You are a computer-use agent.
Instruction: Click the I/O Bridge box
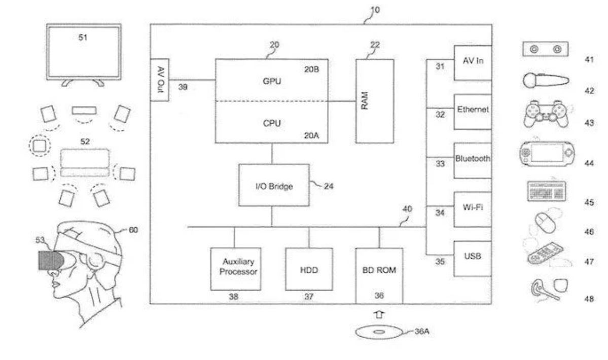(x=274, y=185)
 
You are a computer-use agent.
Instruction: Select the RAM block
(x=374, y=101)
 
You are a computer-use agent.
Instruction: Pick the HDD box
(x=309, y=269)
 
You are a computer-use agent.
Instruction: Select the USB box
(x=472, y=258)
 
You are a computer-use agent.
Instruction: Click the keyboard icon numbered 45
(x=547, y=192)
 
